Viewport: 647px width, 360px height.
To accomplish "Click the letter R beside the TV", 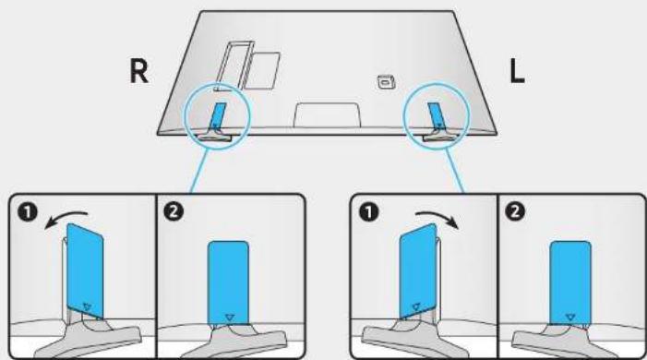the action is pos(138,71).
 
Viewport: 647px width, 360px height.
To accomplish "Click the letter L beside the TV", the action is pos(517,71).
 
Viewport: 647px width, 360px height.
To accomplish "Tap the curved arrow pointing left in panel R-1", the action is pos(66,219).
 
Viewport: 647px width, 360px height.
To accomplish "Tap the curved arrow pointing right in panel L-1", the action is pos(437,219).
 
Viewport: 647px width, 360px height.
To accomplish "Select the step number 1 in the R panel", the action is pos(28,212).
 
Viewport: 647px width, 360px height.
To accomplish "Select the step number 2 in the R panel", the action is pos(174,212).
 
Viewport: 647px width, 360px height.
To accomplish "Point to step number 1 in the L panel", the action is pos(369,212).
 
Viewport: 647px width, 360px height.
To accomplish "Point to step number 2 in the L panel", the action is pos(514,212).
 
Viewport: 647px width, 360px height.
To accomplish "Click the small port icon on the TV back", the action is pos(387,81).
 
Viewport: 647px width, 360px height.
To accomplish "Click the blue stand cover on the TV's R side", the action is pos(218,115).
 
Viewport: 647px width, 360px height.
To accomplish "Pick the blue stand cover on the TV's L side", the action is pos(436,115).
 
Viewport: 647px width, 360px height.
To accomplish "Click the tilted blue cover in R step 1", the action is pos(85,270).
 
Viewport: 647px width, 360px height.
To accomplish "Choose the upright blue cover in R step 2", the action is pos(228,282).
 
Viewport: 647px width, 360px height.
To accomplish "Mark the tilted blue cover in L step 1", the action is pos(418,270).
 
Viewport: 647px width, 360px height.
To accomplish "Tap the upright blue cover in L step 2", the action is pos(570,282).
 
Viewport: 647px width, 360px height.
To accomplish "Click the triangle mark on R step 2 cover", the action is pos(229,317).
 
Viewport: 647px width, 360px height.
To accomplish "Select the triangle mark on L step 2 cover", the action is pos(570,317).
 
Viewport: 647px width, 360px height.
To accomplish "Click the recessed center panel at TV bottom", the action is pos(327,114).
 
